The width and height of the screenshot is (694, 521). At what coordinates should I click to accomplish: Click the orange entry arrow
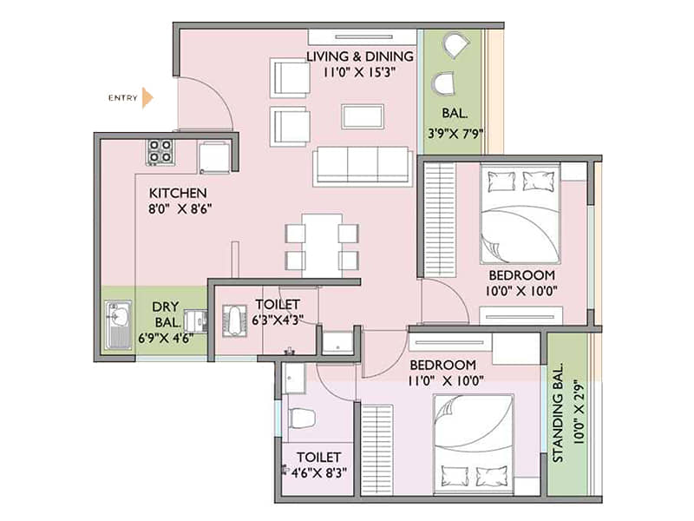point(147,97)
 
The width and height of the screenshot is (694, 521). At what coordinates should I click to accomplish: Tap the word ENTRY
point(122,97)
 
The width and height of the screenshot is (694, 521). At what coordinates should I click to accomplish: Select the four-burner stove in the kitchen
point(160,151)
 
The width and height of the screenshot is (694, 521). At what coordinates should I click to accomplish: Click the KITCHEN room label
point(177,192)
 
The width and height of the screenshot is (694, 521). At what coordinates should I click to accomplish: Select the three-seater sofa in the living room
point(363,165)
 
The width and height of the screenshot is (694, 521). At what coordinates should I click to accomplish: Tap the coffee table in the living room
point(363,116)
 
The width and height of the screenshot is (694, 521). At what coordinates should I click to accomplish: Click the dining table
point(322,245)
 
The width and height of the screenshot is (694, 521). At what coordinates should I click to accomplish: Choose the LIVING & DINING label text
point(360,57)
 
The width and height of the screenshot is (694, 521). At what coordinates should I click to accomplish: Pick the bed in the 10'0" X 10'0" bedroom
point(520,214)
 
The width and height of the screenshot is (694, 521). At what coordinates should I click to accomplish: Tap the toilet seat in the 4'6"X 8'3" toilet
point(299,418)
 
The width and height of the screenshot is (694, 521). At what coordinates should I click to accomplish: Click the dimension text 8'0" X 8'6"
point(180,209)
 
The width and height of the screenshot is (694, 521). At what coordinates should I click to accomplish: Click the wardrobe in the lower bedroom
point(376,448)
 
